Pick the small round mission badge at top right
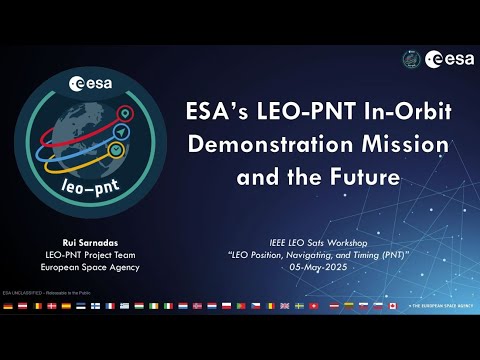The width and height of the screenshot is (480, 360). pyautogui.click(x=410, y=59)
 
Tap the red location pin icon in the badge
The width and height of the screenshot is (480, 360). pyautogui.click(x=123, y=113)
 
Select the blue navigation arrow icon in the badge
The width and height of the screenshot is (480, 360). pyautogui.click(x=120, y=131)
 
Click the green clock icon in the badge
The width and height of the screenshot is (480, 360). pyautogui.click(x=116, y=150)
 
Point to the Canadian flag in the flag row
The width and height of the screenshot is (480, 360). pyautogui.click(x=393, y=305)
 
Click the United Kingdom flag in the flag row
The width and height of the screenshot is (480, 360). pyautogui.click(x=285, y=305)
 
